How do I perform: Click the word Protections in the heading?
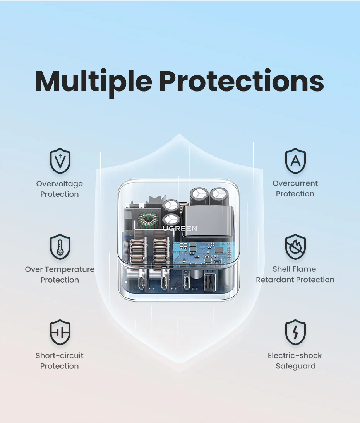point(241,81)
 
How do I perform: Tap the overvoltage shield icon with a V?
point(60,161)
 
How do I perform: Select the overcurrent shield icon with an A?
point(295,161)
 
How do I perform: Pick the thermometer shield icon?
point(60,247)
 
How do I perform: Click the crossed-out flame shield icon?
point(295,247)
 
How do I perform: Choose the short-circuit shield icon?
point(60,333)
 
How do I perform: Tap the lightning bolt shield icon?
point(295,333)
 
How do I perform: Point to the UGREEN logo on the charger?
point(180,229)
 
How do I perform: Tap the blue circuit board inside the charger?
point(201,251)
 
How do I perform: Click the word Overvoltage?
point(60,184)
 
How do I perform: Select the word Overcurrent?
point(295,183)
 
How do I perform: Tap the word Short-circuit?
point(60,355)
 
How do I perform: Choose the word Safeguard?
point(295,366)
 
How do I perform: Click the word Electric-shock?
point(295,355)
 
